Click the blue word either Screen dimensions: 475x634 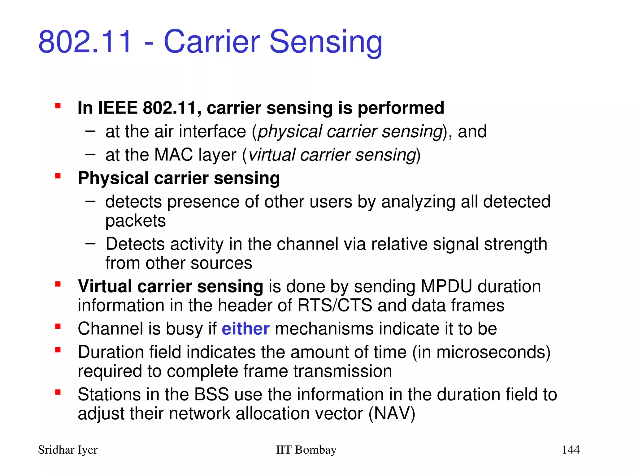click(x=245, y=328)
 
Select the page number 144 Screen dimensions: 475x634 click(x=571, y=450)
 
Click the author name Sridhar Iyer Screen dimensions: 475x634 click(x=67, y=450)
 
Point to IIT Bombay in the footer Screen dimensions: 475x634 click(x=306, y=450)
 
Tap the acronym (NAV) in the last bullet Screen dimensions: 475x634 click(x=392, y=413)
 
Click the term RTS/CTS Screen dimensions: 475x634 click(x=335, y=305)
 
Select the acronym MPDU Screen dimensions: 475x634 click(x=446, y=286)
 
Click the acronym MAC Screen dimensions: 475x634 click(x=174, y=155)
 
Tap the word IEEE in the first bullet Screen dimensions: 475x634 click(x=118, y=108)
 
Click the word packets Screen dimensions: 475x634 click(x=136, y=221)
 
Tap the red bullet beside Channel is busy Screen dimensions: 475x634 click(x=58, y=327)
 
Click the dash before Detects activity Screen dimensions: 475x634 click(x=90, y=244)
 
